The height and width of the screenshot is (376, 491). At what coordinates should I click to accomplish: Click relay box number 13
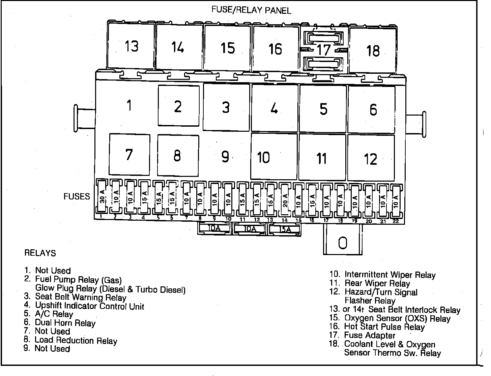(131, 46)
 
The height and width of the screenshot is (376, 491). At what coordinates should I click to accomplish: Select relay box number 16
(275, 48)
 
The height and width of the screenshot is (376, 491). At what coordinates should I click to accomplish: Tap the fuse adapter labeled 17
(324, 50)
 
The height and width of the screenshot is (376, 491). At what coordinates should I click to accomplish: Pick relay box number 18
(373, 51)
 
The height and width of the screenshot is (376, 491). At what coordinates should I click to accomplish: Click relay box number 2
(178, 106)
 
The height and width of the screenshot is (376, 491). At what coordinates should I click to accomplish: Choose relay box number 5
(323, 109)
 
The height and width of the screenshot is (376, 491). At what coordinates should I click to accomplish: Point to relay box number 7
(129, 155)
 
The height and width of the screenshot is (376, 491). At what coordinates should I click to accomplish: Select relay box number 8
(178, 156)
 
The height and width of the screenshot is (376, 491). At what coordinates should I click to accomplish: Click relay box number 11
(322, 158)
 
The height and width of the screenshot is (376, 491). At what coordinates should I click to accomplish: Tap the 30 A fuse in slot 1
(102, 198)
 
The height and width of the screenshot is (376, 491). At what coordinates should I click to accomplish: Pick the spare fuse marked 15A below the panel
(285, 229)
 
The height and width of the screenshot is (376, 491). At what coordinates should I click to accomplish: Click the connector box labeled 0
(342, 242)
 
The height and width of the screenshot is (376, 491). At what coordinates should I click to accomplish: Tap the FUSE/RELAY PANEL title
(251, 10)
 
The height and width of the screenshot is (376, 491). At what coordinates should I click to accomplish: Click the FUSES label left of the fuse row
(77, 196)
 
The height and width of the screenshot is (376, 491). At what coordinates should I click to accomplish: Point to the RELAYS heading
(40, 253)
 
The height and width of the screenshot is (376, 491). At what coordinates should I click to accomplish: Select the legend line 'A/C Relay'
(54, 314)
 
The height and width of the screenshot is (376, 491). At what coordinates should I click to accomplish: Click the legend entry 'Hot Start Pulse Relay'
(384, 326)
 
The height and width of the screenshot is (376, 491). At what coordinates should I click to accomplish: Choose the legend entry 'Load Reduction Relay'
(76, 340)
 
